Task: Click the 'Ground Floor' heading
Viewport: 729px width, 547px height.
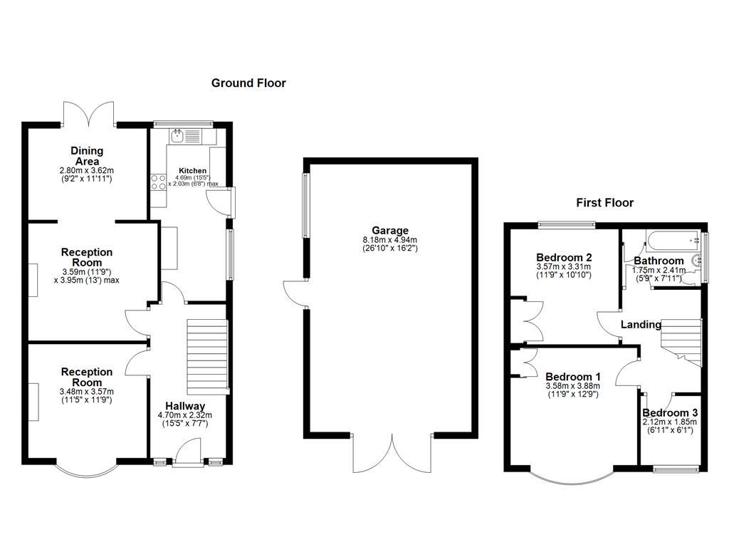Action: click(x=248, y=83)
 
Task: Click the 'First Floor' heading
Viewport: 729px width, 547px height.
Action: click(x=604, y=203)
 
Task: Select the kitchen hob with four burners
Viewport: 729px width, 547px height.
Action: click(x=158, y=182)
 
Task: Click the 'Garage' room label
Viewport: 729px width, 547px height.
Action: click(x=389, y=231)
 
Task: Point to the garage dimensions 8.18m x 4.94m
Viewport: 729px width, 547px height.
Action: click(x=389, y=240)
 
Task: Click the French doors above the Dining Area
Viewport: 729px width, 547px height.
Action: click(x=90, y=113)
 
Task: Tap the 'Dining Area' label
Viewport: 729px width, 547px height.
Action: click(x=87, y=156)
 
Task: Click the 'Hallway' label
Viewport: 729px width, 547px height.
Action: click(x=185, y=406)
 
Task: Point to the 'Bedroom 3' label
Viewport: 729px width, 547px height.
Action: click(x=670, y=413)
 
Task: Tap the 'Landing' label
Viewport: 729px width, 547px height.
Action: click(x=641, y=325)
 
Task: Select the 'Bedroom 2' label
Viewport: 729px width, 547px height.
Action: click(x=564, y=258)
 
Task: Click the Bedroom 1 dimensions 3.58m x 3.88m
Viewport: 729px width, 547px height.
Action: click(x=573, y=387)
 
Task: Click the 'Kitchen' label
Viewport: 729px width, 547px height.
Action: click(x=193, y=171)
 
